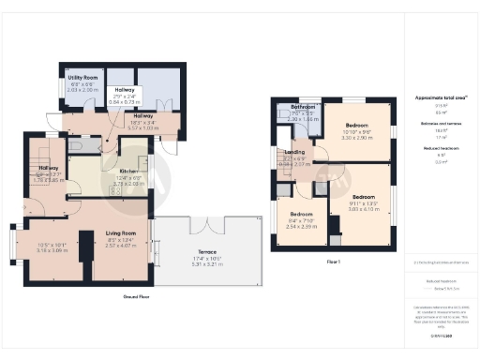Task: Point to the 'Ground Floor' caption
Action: pyautogui.click(x=136, y=296)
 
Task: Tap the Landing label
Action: pyautogui.click(x=294, y=152)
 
